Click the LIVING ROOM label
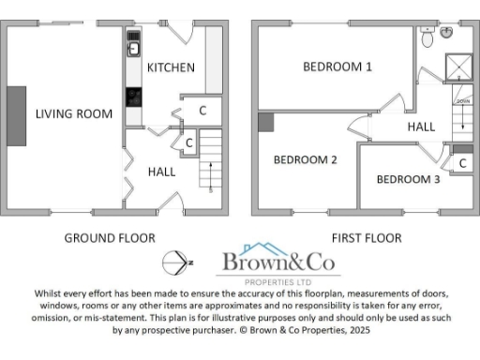74,114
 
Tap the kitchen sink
133,47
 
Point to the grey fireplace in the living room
17,116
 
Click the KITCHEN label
171,67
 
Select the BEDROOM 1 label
337,67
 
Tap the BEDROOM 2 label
305,159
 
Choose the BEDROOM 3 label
408,179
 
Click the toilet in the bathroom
427,37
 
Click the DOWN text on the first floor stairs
461,100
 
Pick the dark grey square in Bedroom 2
264,121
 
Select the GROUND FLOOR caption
110,238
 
